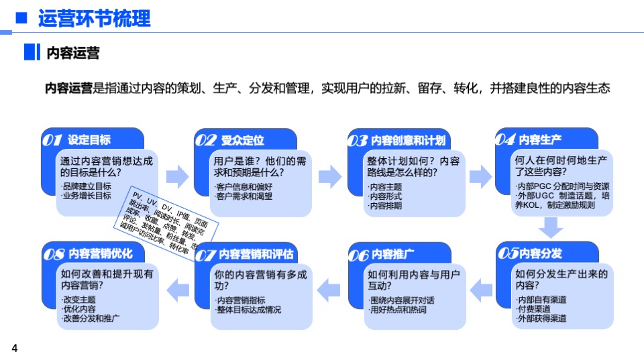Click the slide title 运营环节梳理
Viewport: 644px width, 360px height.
95,18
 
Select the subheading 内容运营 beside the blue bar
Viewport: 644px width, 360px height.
73,53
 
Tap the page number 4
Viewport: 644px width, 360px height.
14,347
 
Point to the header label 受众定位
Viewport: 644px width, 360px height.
242,140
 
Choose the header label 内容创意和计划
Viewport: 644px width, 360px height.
407,141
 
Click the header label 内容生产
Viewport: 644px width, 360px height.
540,140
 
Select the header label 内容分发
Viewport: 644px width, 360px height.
540,253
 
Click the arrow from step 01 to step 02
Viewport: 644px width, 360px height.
178,176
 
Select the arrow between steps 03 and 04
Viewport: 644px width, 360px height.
480,177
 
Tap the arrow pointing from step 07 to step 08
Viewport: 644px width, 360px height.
178,290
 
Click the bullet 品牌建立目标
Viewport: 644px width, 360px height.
86,186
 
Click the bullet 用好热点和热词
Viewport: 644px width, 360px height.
398,310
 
